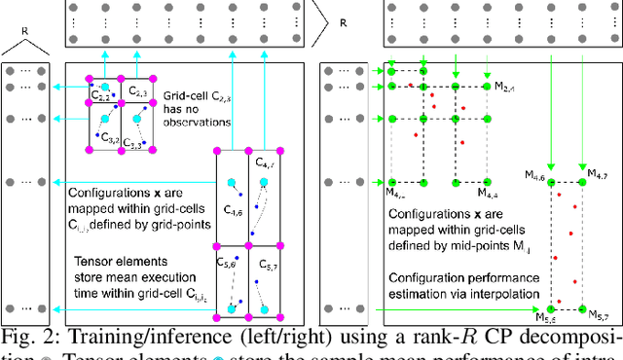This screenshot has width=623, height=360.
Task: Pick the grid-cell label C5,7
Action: [265, 263]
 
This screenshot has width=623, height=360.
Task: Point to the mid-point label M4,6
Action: [535, 172]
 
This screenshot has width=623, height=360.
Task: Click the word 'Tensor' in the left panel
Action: [92, 260]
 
